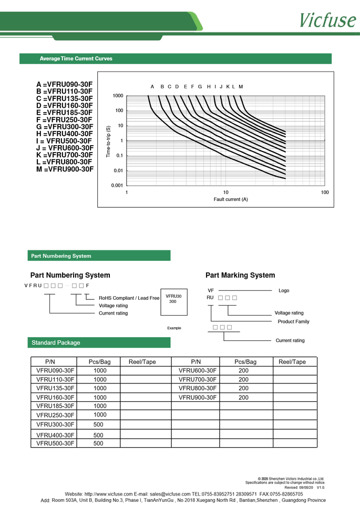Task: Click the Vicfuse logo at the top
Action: (327, 19)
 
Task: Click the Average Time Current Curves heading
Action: (76, 58)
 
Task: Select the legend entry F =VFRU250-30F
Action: (64, 120)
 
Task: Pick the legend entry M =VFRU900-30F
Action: (65, 169)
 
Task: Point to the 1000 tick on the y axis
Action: (118, 96)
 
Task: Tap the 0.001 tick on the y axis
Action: (117, 185)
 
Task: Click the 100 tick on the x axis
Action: (324, 193)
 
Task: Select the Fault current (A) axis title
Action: (231, 199)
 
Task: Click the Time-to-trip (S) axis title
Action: (108, 142)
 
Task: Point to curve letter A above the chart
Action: (152, 86)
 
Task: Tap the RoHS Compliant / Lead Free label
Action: (129, 298)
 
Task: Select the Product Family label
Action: (293, 321)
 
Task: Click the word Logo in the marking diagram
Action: (284, 290)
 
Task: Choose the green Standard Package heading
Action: (56, 342)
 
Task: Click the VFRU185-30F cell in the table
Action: (54, 406)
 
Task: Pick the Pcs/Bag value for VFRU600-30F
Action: (243, 370)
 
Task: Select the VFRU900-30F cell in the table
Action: (198, 397)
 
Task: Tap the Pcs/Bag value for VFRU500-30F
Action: (98, 443)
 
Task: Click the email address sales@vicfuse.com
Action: (170, 494)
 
